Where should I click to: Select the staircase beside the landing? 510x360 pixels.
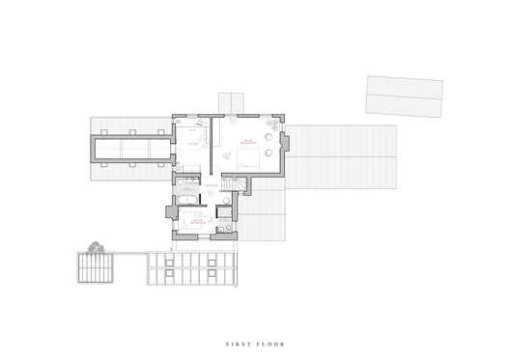tap(231, 186)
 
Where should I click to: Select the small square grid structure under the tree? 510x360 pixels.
tap(96, 267)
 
